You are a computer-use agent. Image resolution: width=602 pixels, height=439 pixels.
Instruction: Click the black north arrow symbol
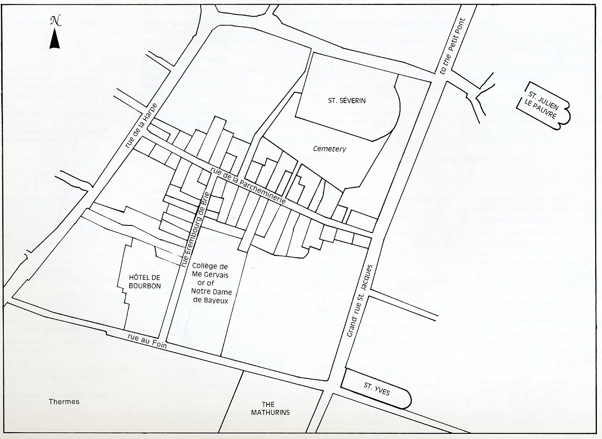(x=55, y=39)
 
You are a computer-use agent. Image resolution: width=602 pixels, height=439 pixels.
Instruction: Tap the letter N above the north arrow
(x=55, y=21)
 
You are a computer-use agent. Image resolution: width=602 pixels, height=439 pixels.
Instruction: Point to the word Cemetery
(x=329, y=149)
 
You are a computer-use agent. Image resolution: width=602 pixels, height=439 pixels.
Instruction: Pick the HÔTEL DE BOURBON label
(x=145, y=282)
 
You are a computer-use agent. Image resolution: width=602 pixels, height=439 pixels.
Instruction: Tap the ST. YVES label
(x=377, y=389)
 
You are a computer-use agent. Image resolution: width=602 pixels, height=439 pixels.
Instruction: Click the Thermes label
(x=64, y=402)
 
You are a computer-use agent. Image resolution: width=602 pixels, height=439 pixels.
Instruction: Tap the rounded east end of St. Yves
(x=407, y=398)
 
